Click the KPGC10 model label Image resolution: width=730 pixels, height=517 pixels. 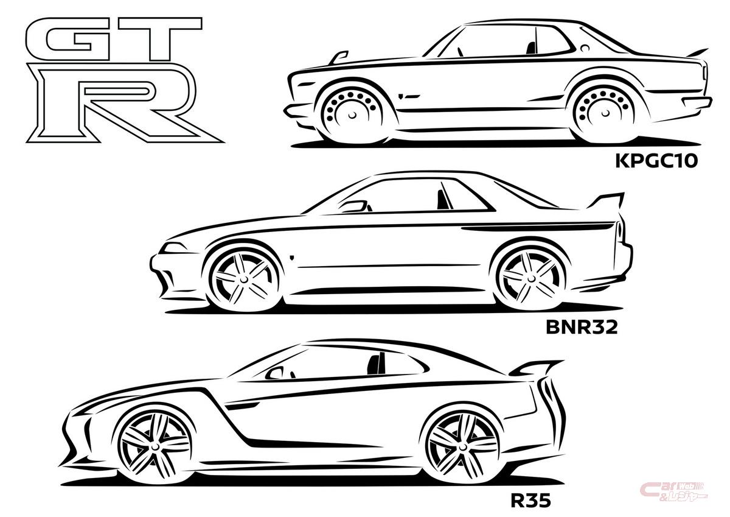pos(656,161)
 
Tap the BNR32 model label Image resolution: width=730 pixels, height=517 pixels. pos(582,327)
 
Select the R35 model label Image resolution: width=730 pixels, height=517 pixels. pos(531,501)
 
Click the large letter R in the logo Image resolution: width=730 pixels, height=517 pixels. pos(124,103)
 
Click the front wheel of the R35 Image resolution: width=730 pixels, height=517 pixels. pos(154,446)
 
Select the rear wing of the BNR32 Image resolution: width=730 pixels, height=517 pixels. pos(605,200)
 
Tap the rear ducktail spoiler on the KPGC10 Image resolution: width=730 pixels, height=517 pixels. pos(697,52)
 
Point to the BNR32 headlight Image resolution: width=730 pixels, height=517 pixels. pos(175,248)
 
